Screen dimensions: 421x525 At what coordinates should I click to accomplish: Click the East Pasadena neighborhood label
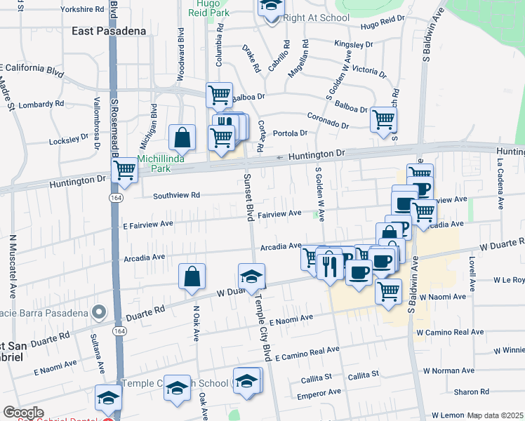click(109, 31)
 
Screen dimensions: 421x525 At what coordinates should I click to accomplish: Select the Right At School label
click(316, 18)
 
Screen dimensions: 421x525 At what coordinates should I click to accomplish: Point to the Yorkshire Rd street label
click(82, 10)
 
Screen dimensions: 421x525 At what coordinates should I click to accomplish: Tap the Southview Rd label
click(177, 195)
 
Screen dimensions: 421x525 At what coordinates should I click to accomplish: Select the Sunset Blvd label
click(248, 196)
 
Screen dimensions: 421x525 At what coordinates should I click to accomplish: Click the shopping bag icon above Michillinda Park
click(182, 138)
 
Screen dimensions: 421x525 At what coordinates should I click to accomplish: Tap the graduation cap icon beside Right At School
click(270, 7)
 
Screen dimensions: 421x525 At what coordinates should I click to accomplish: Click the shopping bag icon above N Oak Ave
click(192, 276)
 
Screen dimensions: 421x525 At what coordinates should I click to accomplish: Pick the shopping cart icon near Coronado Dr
click(383, 119)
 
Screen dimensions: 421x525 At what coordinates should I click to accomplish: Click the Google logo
click(23, 413)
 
